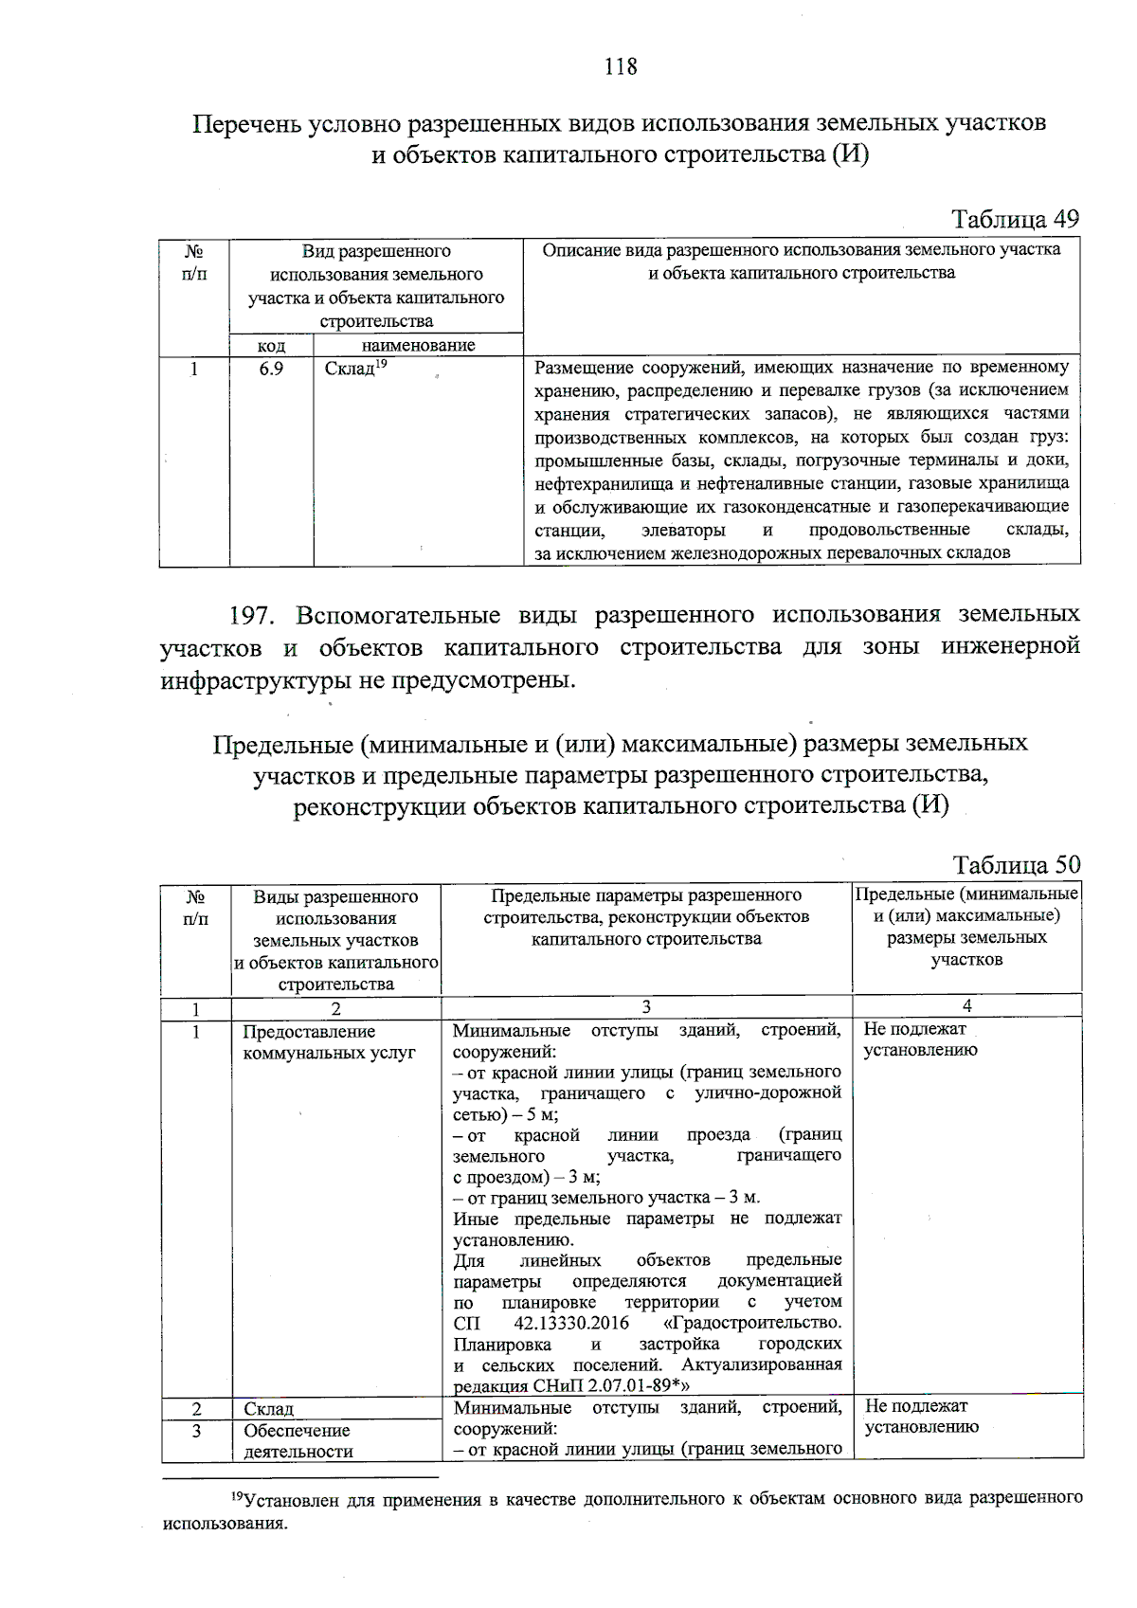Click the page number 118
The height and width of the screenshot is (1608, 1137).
(x=621, y=66)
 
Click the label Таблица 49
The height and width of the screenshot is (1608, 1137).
(x=1015, y=220)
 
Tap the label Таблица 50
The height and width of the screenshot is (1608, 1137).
(x=1016, y=865)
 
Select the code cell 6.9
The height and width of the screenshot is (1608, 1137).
(x=271, y=369)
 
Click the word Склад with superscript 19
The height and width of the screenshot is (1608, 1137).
(x=351, y=369)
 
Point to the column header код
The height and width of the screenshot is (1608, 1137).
(x=271, y=346)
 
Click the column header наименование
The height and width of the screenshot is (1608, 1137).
(x=418, y=346)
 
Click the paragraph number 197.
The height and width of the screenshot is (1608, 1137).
(x=252, y=616)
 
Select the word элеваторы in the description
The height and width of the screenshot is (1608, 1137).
(x=683, y=530)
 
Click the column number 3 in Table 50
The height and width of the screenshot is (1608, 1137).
(x=646, y=1006)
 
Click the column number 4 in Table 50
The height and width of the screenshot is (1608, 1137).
(x=966, y=1006)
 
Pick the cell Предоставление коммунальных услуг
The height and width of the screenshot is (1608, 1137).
(x=329, y=1042)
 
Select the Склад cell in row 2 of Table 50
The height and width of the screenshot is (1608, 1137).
(x=268, y=1409)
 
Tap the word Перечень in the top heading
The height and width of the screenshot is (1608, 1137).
(x=247, y=124)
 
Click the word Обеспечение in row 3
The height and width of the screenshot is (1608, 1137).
(x=297, y=1431)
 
